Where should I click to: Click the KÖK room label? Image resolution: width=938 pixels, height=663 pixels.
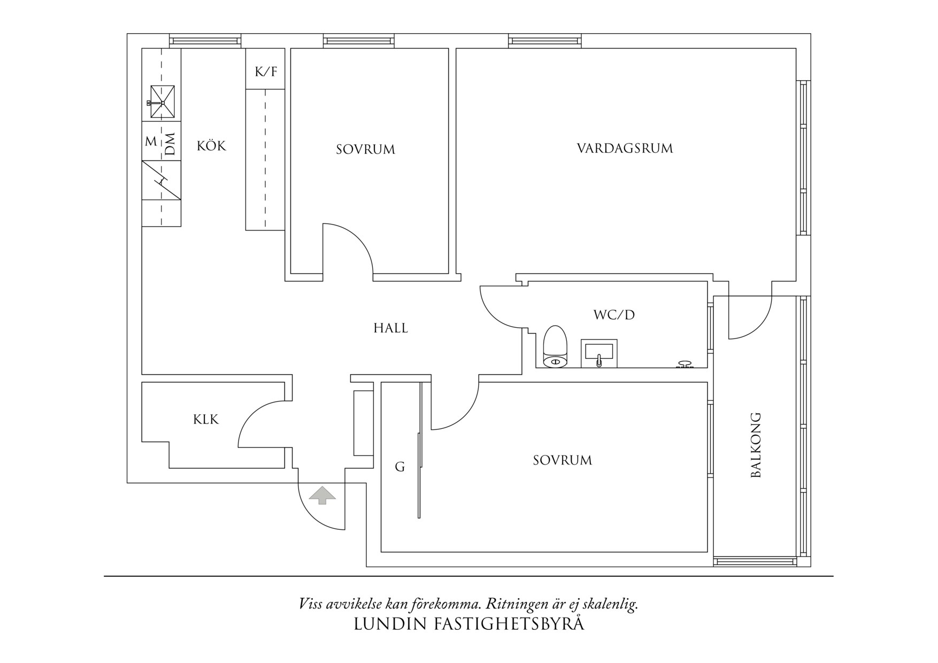tap(211, 145)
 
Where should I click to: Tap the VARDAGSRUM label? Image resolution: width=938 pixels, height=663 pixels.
tap(625, 148)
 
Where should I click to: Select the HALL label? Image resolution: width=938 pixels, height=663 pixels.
tap(390, 328)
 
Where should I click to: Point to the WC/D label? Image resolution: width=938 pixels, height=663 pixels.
tap(614, 314)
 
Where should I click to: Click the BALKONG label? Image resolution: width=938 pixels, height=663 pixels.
tap(755, 445)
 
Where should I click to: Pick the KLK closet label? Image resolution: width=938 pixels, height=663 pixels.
tap(206, 420)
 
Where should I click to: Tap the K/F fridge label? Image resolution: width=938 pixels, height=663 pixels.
tap(266, 71)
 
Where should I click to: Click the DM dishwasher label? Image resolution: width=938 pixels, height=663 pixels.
tap(170, 143)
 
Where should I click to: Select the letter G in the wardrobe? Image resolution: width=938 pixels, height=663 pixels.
tap(399, 467)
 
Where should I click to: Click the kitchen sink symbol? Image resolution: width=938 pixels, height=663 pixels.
tap(162, 102)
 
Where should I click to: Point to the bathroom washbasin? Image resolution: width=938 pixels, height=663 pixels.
tap(599, 353)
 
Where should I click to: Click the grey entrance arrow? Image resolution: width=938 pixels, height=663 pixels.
tap(322, 495)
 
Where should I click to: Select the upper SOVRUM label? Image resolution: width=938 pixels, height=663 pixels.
tap(365, 150)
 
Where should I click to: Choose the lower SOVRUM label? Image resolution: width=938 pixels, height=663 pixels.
tap(562, 460)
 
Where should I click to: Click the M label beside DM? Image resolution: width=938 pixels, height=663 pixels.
tap(151, 142)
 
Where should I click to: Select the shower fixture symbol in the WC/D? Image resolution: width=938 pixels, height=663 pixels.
tap(685, 365)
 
